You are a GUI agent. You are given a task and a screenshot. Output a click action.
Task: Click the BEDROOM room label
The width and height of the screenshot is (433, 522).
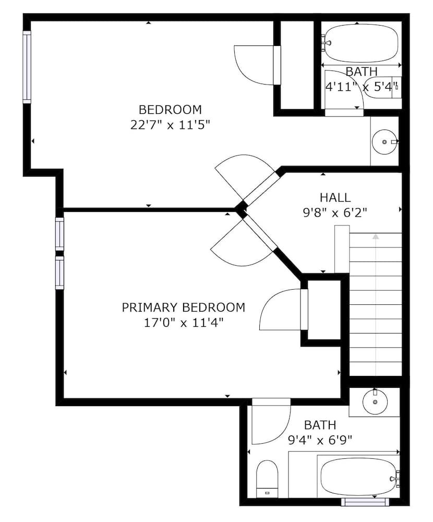coord(170,110)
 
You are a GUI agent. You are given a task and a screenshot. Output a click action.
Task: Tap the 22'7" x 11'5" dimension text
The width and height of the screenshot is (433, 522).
coord(170,125)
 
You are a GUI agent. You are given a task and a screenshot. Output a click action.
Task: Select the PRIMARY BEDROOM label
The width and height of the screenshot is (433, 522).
coord(183,307)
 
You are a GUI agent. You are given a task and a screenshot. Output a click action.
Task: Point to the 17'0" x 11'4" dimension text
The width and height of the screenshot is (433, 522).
coord(183,323)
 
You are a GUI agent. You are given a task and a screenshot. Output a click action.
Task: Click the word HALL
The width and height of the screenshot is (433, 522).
coord(335,197)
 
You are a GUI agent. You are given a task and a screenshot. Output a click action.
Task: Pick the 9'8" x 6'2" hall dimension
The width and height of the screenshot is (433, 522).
coord(335,212)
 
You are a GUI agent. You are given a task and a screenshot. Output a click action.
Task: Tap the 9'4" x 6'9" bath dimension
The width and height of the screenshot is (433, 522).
coord(320,440)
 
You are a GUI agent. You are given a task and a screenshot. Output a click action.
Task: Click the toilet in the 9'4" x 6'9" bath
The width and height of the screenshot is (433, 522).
coord(268,478)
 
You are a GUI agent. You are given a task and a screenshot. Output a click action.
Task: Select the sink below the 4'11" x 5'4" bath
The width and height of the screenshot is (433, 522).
coord(385,141)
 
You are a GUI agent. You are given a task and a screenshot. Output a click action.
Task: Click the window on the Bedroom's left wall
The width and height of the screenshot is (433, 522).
coord(27,67)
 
